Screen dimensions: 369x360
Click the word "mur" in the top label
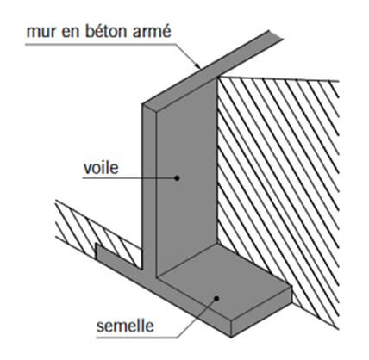point(41,32)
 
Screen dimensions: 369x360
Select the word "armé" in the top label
point(152,31)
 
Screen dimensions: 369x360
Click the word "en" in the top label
point(72,32)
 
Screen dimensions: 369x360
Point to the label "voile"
point(101,168)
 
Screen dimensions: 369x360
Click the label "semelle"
point(125,326)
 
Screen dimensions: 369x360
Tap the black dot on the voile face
point(178,178)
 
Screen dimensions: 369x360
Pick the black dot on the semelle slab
point(216,298)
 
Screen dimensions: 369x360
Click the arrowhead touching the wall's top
point(197,65)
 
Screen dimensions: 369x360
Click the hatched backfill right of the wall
point(278,187)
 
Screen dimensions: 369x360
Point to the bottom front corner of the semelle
point(232,337)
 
